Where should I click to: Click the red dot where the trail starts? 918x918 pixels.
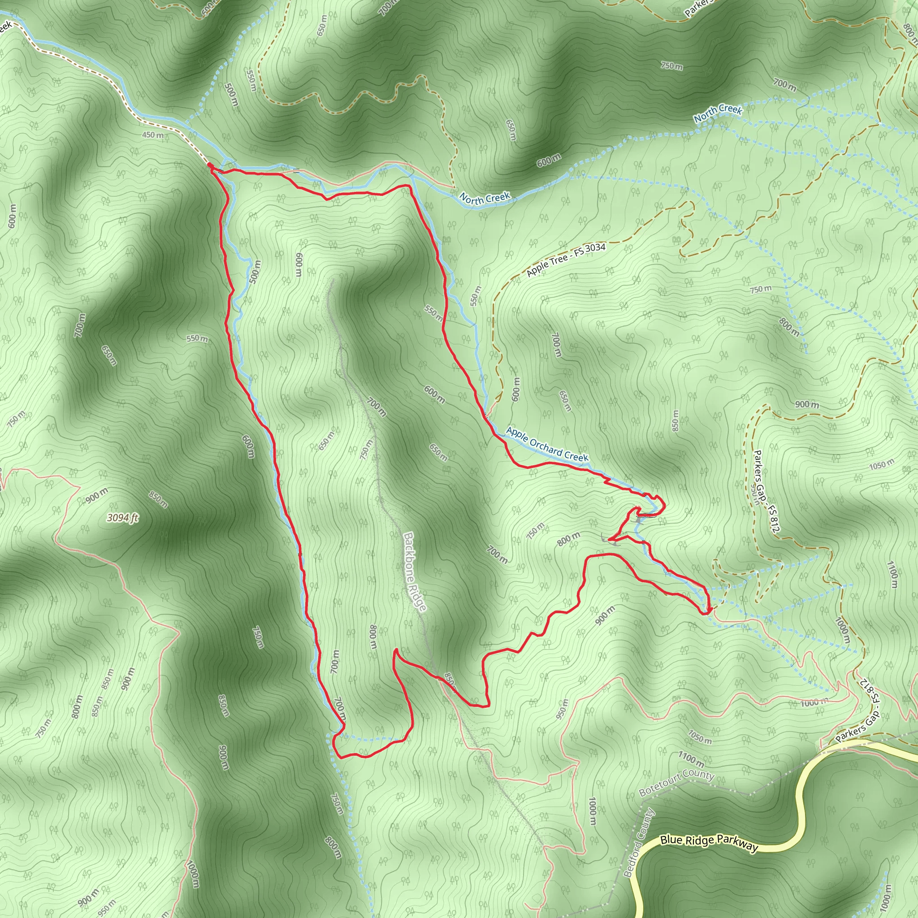click(x=209, y=165)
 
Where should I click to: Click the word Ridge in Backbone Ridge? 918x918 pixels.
click(x=420, y=598)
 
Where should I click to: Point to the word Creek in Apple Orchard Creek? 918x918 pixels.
click(x=576, y=457)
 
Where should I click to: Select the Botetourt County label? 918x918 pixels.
click(x=676, y=783)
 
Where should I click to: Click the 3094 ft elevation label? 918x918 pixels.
click(x=122, y=517)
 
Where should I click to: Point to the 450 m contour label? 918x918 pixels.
click(x=153, y=135)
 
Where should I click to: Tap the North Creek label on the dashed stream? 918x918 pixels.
click(x=718, y=113)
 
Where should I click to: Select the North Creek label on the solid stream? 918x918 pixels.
click(x=485, y=198)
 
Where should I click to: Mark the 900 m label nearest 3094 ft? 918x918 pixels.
click(x=97, y=496)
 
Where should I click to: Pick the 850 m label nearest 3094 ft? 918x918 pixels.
click(x=158, y=500)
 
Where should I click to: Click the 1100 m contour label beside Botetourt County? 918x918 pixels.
click(x=691, y=758)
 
